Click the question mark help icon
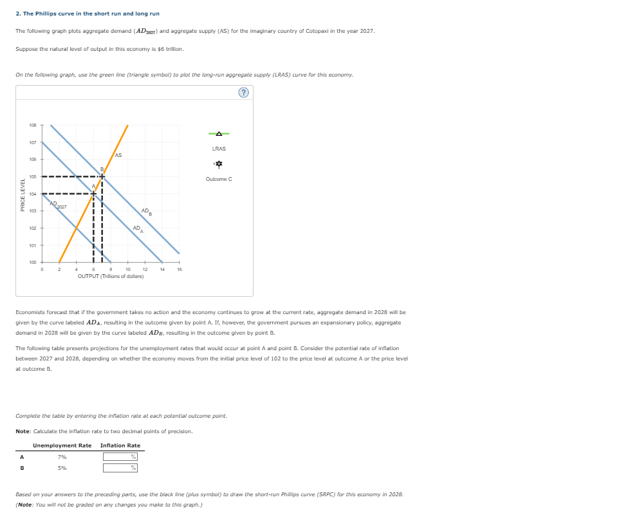click(243, 93)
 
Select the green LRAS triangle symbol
click(219, 134)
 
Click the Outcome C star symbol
click(219, 164)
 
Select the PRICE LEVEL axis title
click(23, 194)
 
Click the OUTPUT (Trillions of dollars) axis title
click(111, 276)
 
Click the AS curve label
click(118, 155)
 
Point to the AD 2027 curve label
click(59, 205)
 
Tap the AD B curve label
click(146, 211)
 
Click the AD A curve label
click(137, 228)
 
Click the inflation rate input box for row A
click(120, 457)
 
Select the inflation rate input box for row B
click(120, 468)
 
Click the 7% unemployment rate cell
click(62, 457)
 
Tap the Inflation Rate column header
click(120, 445)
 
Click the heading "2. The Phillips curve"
click(88, 14)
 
